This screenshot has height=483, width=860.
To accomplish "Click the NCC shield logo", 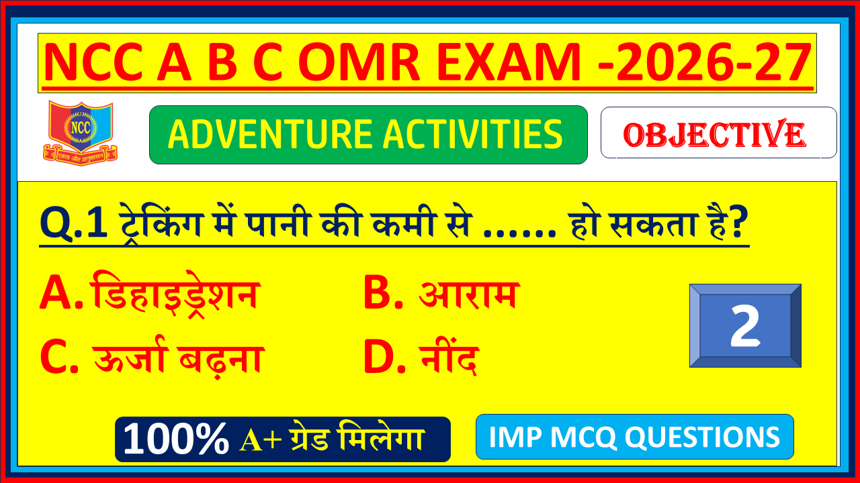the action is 80,133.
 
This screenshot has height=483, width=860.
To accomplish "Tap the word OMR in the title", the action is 359,62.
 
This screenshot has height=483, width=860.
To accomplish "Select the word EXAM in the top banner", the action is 509,62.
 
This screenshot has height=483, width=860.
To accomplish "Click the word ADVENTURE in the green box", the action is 269,134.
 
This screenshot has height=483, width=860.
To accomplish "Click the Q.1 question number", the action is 73,223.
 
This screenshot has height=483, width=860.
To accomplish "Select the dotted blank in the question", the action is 519,233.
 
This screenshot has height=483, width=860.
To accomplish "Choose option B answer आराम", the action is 468,294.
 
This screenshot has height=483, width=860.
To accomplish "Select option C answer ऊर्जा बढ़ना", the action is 179,358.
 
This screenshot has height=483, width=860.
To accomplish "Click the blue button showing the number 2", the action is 745,325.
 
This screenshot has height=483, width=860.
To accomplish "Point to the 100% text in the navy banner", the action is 176,439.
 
